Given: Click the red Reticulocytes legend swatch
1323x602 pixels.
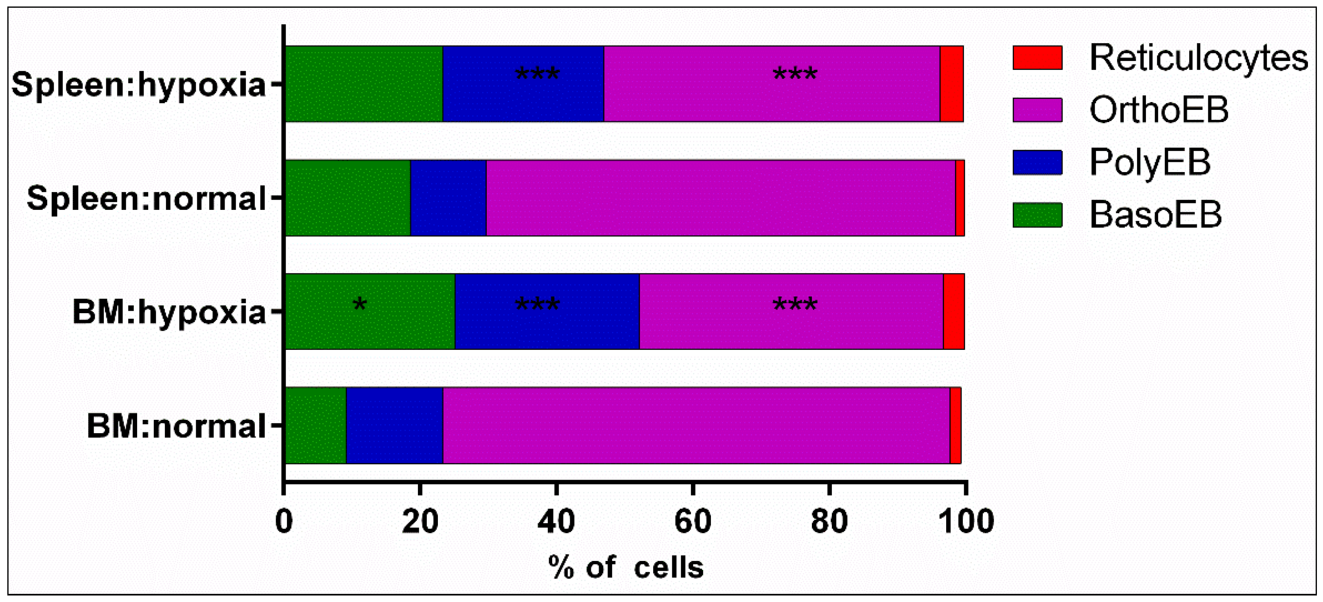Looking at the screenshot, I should tap(1037, 57).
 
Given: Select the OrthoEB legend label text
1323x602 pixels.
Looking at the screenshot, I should tap(1159, 110).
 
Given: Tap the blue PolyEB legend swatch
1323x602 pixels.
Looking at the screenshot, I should tap(1037, 162).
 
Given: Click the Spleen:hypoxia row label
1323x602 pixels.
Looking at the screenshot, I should tap(139, 85).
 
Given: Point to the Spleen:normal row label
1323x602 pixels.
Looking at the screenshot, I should tap(147, 198).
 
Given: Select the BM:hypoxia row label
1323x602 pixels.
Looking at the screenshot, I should tap(169, 312).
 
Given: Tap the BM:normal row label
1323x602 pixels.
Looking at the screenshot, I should tap(176, 426).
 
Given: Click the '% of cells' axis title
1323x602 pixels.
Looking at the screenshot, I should tap(625, 567).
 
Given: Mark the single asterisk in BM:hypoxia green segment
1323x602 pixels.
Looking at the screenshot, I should tap(359, 305).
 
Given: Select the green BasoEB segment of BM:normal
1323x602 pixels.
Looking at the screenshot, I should tap(315, 426).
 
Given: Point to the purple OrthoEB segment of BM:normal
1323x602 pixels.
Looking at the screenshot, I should tap(696, 426).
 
